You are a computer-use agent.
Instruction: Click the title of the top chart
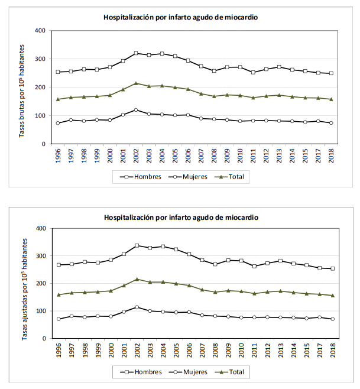coord(181,17)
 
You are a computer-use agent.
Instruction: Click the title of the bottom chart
coord(181,218)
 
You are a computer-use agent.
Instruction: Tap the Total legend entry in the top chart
coord(234,176)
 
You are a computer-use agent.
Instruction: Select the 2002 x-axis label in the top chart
coord(136,156)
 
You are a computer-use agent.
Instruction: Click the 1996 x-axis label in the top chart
coord(58,156)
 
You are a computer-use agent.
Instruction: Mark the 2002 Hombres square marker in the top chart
coord(136,53)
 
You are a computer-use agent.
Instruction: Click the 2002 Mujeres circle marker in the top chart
coord(136,110)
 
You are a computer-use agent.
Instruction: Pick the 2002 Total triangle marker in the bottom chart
coord(136,279)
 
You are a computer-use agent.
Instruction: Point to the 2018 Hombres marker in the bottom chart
coord(331,268)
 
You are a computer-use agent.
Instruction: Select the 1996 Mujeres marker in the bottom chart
coord(58,319)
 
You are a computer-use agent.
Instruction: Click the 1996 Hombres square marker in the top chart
coord(58,72)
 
